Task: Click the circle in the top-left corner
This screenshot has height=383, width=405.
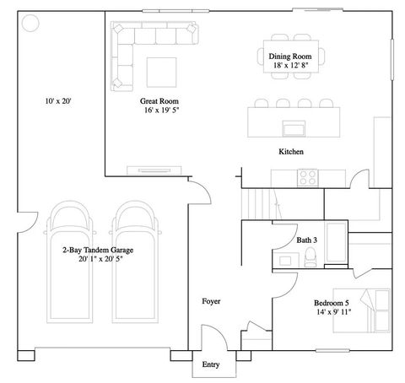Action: click(30, 23)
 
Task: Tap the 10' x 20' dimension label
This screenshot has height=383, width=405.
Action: click(59, 101)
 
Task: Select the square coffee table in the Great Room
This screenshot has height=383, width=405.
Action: click(162, 71)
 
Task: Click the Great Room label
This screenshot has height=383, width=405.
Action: click(160, 101)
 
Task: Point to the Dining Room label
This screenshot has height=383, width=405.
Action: click(290, 56)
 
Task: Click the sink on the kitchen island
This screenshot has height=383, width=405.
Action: click(294, 128)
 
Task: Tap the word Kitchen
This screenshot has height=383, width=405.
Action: click(291, 152)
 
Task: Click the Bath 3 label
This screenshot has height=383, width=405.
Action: click(307, 240)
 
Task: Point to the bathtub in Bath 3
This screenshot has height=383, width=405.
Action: click(335, 246)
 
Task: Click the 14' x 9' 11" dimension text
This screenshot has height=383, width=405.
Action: click(332, 312)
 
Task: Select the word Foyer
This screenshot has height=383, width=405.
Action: click(212, 301)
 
